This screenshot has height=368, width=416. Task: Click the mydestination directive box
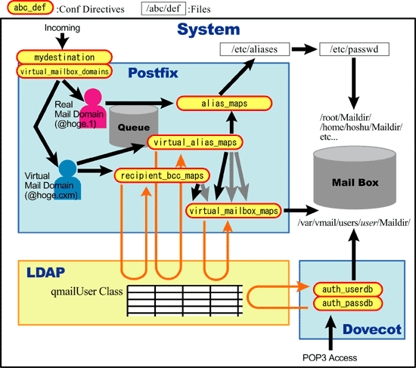click(64, 57)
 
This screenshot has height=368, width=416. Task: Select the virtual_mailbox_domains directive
click(64, 71)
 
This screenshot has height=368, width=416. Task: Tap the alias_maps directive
click(224, 104)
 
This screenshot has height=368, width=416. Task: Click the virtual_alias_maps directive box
click(195, 142)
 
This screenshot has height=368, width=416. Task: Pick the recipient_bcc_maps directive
click(162, 175)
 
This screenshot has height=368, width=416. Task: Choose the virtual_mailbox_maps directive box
click(234, 211)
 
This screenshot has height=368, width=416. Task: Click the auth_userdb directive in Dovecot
click(348, 289)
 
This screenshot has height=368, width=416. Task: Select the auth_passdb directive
click(348, 303)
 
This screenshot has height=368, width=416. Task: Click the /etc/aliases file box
click(255, 49)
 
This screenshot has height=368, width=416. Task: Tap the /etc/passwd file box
click(354, 49)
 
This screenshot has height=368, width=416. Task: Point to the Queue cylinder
click(134, 126)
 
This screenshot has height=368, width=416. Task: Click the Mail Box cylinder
click(355, 178)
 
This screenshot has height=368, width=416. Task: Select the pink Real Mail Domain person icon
click(93, 108)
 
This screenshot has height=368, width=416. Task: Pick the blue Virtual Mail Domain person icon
click(67, 180)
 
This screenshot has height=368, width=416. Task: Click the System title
click(209, 29)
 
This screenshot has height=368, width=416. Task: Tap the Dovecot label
click(372, 329)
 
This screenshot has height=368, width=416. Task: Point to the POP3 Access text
click(330, 357)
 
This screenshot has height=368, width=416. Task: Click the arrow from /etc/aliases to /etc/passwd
click(304, 49)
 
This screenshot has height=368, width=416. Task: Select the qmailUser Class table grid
click(185, 301)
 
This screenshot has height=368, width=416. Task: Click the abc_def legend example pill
click(30, 8)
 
